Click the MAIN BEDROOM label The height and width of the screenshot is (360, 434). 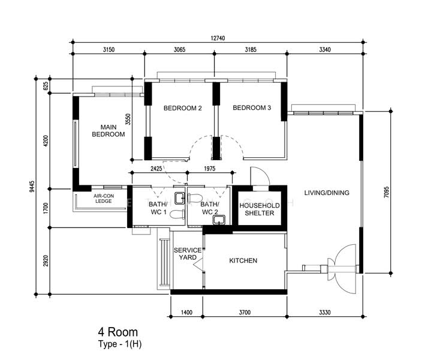108,131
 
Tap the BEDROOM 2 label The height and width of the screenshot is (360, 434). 183,108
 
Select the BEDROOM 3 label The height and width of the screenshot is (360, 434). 252,108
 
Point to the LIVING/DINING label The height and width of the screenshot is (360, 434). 327,193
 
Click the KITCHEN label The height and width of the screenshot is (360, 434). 243,260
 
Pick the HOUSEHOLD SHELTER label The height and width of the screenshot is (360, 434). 260,209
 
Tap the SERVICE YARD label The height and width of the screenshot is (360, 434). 188,254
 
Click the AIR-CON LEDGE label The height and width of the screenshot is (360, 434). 104,199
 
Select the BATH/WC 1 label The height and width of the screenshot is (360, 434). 158,208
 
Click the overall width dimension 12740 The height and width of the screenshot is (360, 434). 218,38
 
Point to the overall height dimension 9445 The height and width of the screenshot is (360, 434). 32,186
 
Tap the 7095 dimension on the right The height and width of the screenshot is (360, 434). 387,192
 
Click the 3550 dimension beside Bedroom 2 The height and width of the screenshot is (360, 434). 128,119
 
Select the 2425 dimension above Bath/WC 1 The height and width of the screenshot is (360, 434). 156,169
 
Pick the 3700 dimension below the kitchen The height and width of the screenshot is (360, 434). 245,313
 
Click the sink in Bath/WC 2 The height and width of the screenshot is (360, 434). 219,220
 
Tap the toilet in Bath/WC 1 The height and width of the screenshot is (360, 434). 177,214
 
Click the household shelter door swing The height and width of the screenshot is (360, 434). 260,176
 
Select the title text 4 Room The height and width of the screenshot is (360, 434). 118,332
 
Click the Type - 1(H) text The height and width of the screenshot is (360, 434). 120,344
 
